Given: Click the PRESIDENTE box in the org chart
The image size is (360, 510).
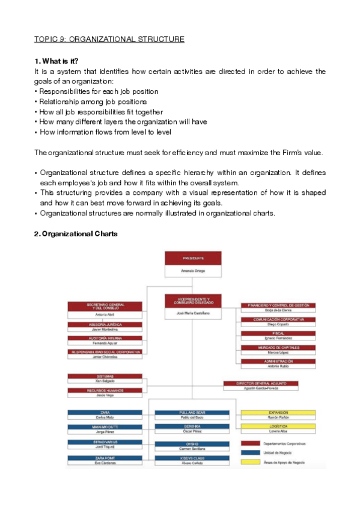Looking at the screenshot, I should tap(194, 258).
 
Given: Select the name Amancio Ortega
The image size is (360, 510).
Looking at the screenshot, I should tap(194, 271).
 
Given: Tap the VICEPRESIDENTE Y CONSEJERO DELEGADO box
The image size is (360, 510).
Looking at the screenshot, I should tap(194, 300).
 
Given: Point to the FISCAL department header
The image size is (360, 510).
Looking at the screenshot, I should tap(278, 333).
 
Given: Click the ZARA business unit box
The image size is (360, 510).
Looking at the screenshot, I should tap(105, 413).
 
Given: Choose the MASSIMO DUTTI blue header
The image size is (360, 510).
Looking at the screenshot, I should tap(105, 427).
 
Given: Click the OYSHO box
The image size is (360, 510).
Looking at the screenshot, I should tap(192, 444).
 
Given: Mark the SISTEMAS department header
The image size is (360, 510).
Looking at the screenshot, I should tap(105, 376).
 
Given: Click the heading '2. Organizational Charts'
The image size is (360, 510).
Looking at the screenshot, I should tap(75, 234).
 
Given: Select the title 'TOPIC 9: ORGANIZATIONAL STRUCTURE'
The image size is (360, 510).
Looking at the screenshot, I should tap(109, 40).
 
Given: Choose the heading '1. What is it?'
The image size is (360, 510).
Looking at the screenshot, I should tap(56, 61).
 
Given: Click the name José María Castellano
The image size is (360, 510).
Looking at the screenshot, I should tap(194, 313).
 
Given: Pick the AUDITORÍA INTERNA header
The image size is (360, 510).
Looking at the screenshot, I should tap(105, 338).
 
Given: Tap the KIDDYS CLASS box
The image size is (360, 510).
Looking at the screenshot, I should tap(192, 458).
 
